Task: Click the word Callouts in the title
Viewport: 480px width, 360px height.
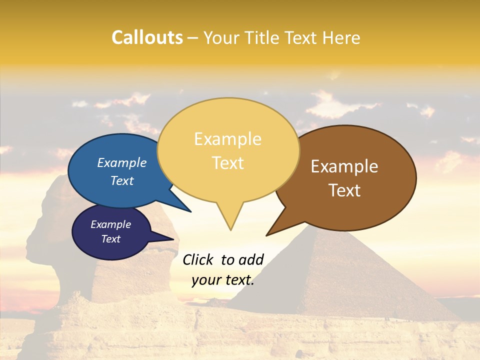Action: tap(147, 37)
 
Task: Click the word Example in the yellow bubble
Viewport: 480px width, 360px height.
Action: tap(227, 139)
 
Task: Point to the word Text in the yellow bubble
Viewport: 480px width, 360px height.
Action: tap(227, 163)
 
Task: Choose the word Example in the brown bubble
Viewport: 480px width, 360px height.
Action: tap(344, 166)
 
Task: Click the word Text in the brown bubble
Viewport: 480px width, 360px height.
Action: tap(344, 190)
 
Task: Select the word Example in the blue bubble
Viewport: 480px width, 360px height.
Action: tap(121, 163)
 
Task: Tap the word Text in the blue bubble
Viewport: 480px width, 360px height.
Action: tap(121, 180)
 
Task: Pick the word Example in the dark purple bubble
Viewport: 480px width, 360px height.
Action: tap(110, 224)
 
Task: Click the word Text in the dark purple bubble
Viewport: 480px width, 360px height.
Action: tap(110, 239)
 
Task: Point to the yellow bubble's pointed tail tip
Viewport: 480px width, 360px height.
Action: tap(230, 230)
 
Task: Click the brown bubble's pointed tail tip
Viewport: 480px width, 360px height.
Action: tap(266, 235)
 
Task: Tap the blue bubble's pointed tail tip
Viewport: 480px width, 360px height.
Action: tap(191, 212)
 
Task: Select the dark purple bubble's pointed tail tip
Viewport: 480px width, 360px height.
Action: tap(174, 239)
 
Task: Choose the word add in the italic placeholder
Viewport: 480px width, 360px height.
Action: tap(251, 259)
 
